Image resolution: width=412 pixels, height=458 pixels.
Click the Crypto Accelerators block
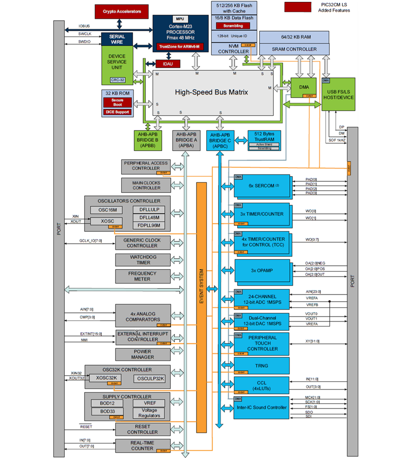click(x=121, y=11)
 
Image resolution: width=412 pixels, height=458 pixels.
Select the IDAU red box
click(x=168, y=64)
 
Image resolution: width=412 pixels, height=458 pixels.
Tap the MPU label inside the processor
click(x=180, y=19)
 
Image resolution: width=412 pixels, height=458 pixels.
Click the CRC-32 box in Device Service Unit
click(x=117, y=80)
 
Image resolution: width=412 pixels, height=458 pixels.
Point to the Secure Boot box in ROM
click(x=117, y=102)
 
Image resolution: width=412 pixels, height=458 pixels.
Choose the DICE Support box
click(x=117, y=112)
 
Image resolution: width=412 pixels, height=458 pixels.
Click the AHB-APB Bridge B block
click(x=147, y=140)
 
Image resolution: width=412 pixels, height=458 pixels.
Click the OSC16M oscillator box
click(x=108, y=210)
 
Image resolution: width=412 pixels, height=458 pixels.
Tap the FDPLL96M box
click(x=149, y=225)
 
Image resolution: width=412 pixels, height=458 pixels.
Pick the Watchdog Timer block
click(x=143, y=260)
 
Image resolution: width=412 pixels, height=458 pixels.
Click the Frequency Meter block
click(x=142, y=276)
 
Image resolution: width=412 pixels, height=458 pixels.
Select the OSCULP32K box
click(x=149, y=379)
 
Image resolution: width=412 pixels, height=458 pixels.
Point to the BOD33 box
click(x=107, y=411)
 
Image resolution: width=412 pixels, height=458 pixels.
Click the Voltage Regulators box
click(x=149, y=413)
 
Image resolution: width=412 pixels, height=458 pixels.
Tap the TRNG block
click(x=262, y=366)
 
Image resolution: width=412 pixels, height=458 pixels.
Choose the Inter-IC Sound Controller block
click(x=262, y=408)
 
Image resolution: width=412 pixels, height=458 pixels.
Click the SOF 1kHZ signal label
click(x=337, y=140)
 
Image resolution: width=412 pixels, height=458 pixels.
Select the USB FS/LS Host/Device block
click(x=338, y=95)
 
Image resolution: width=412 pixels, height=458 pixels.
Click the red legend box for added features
click(x=297, y=7)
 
